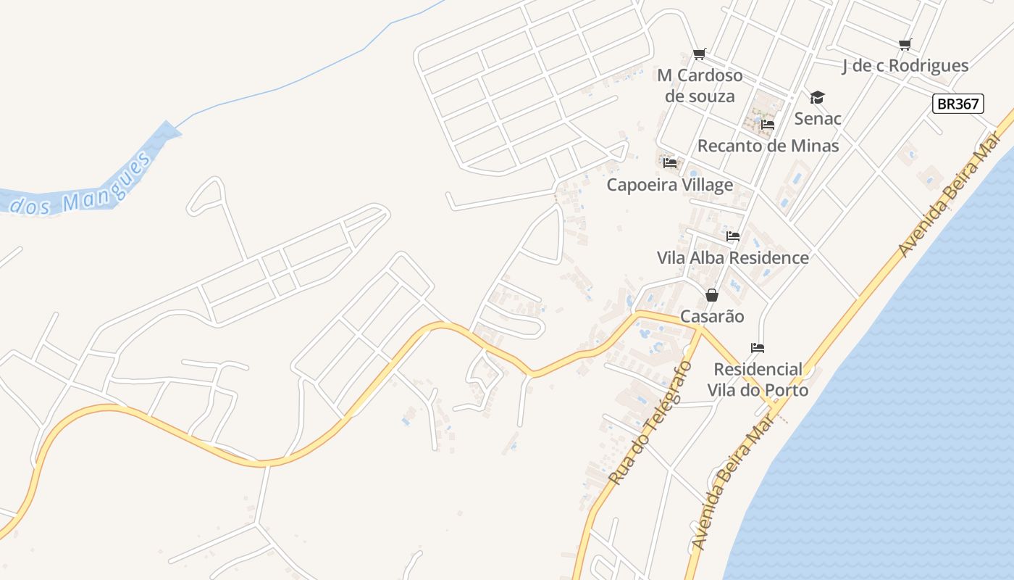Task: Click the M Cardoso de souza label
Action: click(x=700, y=86)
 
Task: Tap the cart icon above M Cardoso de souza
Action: click(x=700, y=54)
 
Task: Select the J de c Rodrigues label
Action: click(x=905, y=66)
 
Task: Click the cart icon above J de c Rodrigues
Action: click(x=905, y=45)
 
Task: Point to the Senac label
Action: click(x=818, y=118)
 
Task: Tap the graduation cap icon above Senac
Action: click(x=818, y=97)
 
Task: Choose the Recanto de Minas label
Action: click(x=768, y=146)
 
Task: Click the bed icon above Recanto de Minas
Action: click(x=768, y=125)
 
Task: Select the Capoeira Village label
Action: click(x=670, y=185)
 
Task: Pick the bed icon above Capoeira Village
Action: click(x=670, y=163)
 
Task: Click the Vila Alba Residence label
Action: click(x=732, y=257)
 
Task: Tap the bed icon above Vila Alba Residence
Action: click(x=733, y=236)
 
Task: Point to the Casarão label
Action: click(x=712, y=316)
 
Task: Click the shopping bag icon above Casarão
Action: click(x=712, y=295)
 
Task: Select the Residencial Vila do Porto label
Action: click(x=758, y=380)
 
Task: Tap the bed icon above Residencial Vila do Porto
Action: click(x=758, y=348)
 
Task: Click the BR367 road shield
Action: click(x=958, y=104)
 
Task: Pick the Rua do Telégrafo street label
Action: click(x=650, y=424)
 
